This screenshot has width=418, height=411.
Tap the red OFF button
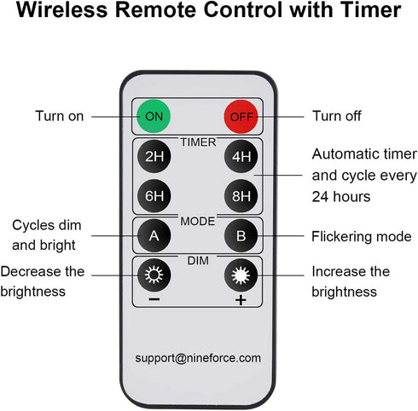(x=241, y=117)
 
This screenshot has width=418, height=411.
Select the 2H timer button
(x=154, y=156)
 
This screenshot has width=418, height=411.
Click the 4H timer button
(x=241, y=156)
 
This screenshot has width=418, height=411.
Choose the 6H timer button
(x=154, y=196)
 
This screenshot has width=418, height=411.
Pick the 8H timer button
(x=241, y=196)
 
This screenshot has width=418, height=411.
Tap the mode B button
(x=241, y=235)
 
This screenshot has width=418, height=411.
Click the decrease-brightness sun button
(x=154, y=275)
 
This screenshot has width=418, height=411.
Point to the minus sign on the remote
(x=154, y=299)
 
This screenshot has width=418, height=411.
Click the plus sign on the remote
(x=241, y=300)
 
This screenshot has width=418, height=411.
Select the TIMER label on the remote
(x=198, y=142)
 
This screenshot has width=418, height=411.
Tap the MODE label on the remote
(x=198, y=221)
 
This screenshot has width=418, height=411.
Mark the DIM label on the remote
(x=198, y=261)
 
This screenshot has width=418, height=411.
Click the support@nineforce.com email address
(x=198, y=358)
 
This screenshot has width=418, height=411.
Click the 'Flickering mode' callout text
(x=362, y=236)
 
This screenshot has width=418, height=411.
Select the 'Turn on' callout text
(x=60, y=116)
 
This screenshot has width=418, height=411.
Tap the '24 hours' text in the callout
(x=341, y=196)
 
